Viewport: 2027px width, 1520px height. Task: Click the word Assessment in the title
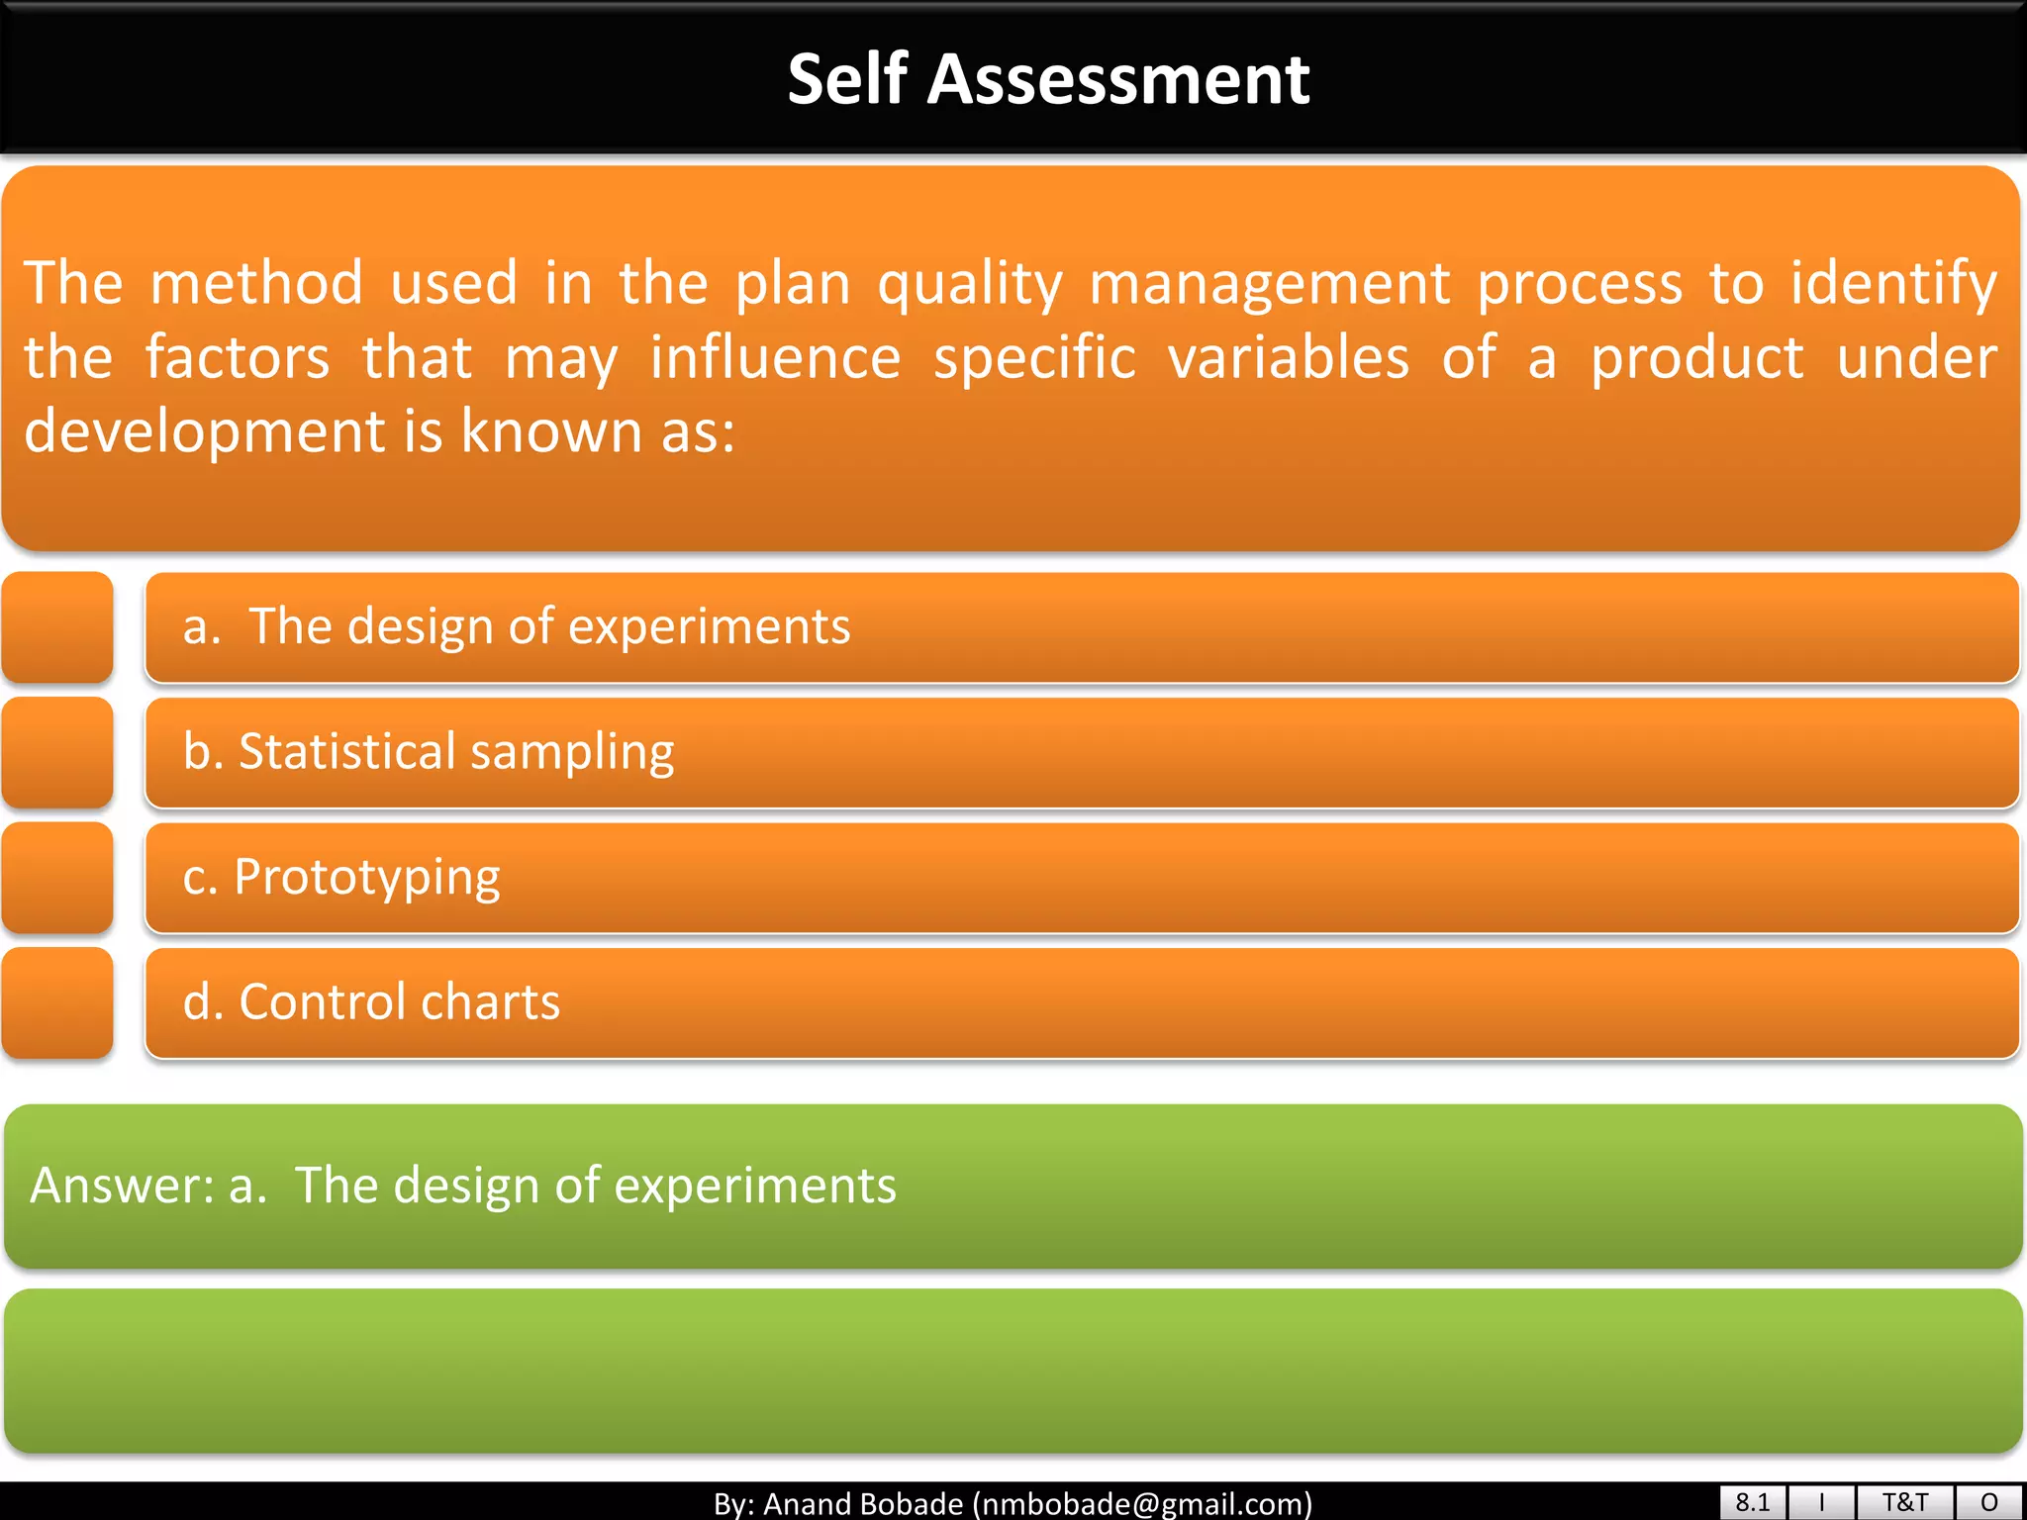click(x=1118, y=79)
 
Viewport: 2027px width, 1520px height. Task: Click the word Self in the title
click(x=847, y=79)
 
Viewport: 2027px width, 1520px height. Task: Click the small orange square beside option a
click(x=57, y=627)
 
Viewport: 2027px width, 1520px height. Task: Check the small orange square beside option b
click(x=57, y=752)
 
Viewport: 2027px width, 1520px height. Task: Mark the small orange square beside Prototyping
click(x=57, y=878)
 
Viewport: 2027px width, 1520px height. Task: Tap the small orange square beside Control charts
click(x=57, y=1002)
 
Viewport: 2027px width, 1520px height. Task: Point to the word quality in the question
click(x=970, y=285)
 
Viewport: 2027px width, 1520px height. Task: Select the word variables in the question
click(x=1288, y=358)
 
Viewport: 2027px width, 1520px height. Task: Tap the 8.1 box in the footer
click(x=1752, y=1502)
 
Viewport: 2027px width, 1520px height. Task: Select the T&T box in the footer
click(x=1904, y=1502)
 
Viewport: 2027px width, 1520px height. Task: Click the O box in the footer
click(x=1989, y=1502)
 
